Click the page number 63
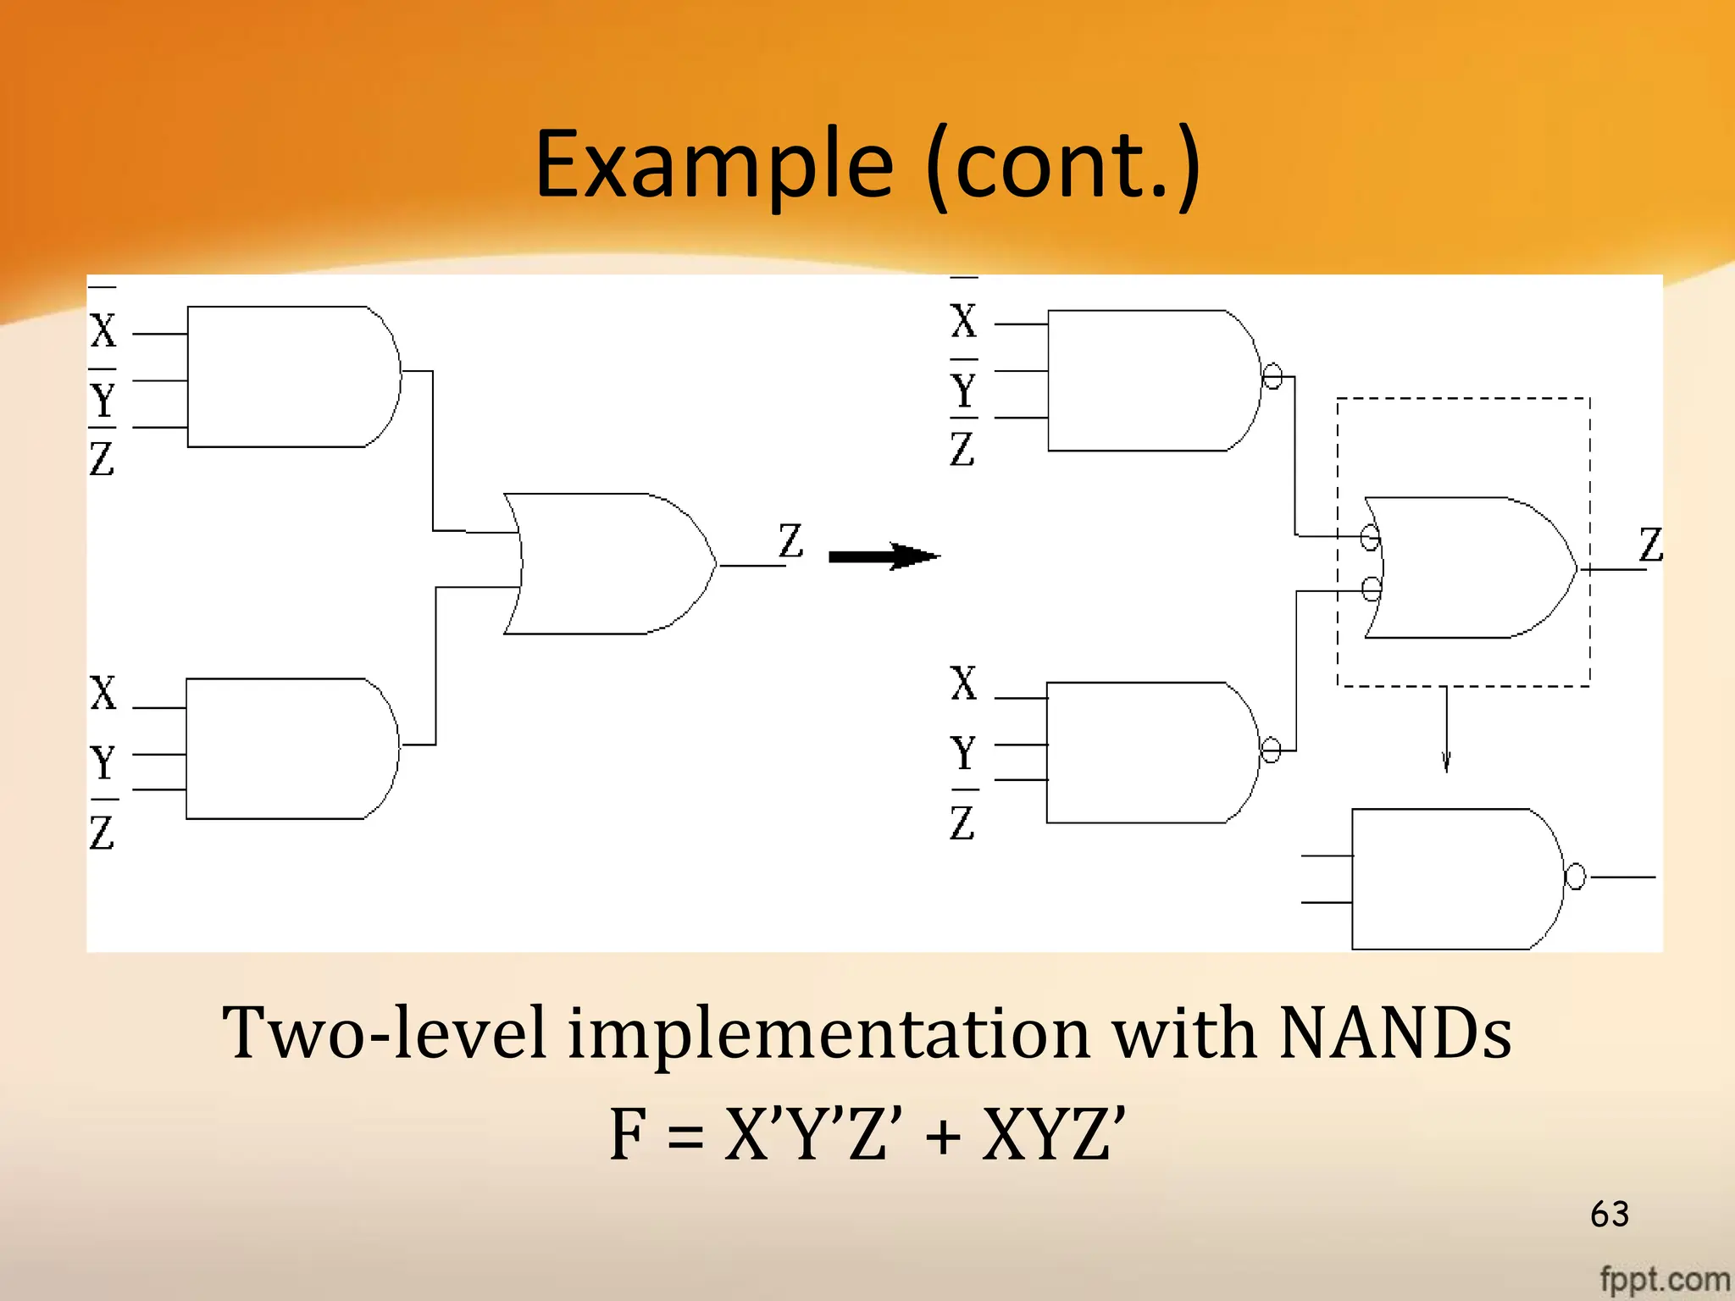1610,1214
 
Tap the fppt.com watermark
1664,1279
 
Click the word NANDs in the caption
1394,1033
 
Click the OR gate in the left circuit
610,563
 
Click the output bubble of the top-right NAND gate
1272,375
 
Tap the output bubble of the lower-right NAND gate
1271,750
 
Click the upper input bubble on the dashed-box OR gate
1370,537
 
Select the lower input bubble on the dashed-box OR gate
1371,588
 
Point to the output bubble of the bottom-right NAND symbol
1575,877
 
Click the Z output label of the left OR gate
790,540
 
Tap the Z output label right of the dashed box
1650,544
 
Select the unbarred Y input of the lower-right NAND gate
963,752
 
